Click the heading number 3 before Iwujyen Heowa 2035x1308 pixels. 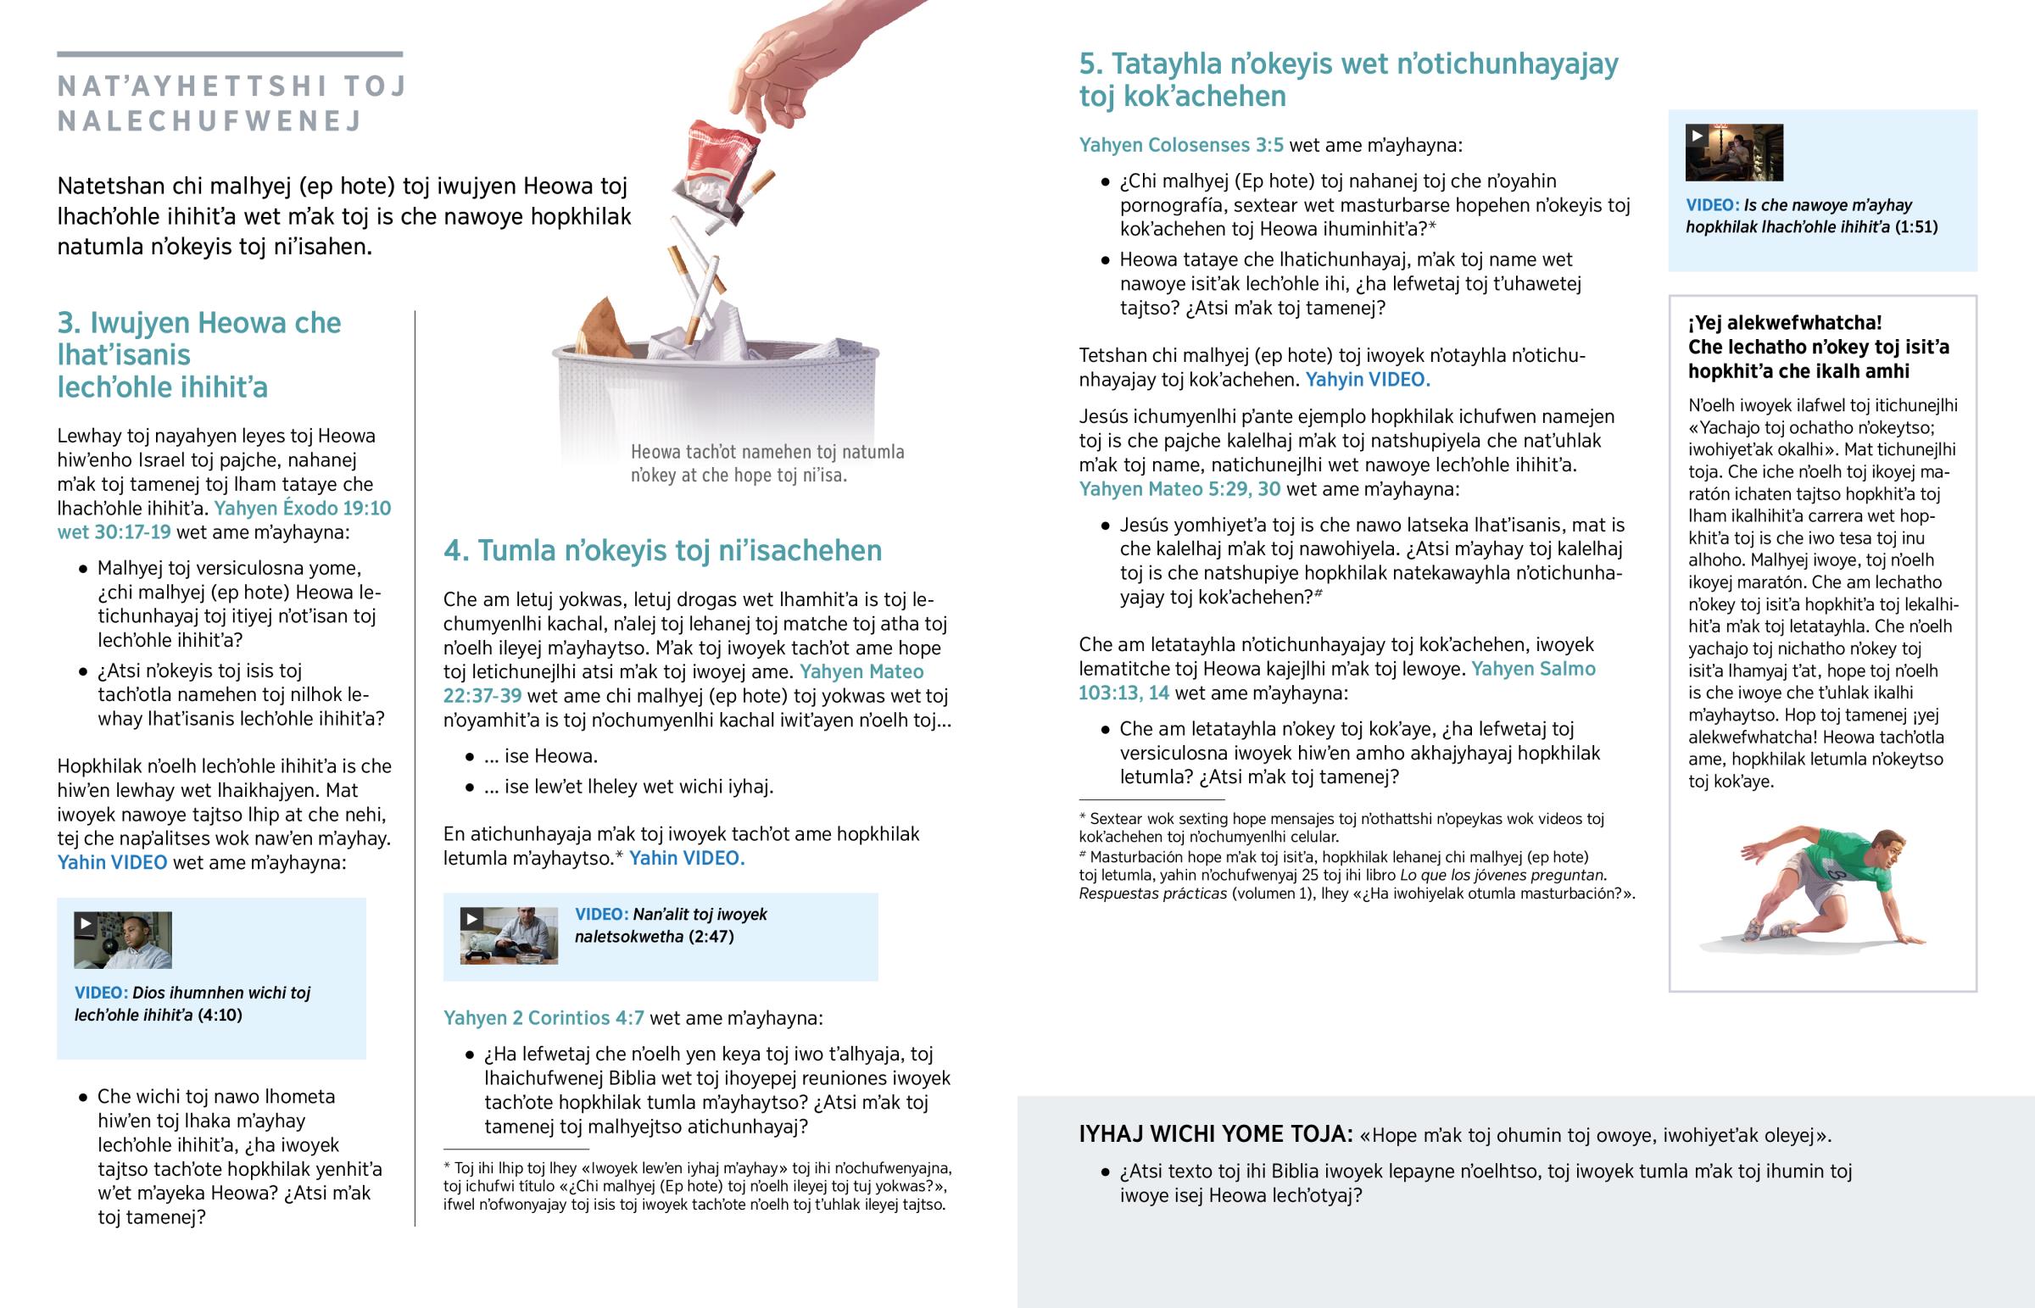(x=68, y=324)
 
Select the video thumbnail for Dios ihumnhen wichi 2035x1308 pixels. (x=123, y=940)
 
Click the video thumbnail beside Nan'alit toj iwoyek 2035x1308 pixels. (x=509, y=936)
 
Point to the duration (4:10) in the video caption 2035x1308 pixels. (x=219, y=1015)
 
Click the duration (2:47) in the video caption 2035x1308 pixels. (x=711, y=937)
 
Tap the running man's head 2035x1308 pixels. (x=1887, y=849)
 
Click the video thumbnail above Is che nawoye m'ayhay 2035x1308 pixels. (x=1734, y=153)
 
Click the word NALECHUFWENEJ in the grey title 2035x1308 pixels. (x=209, y=121)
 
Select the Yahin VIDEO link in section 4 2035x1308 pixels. (x=686, y=858)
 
